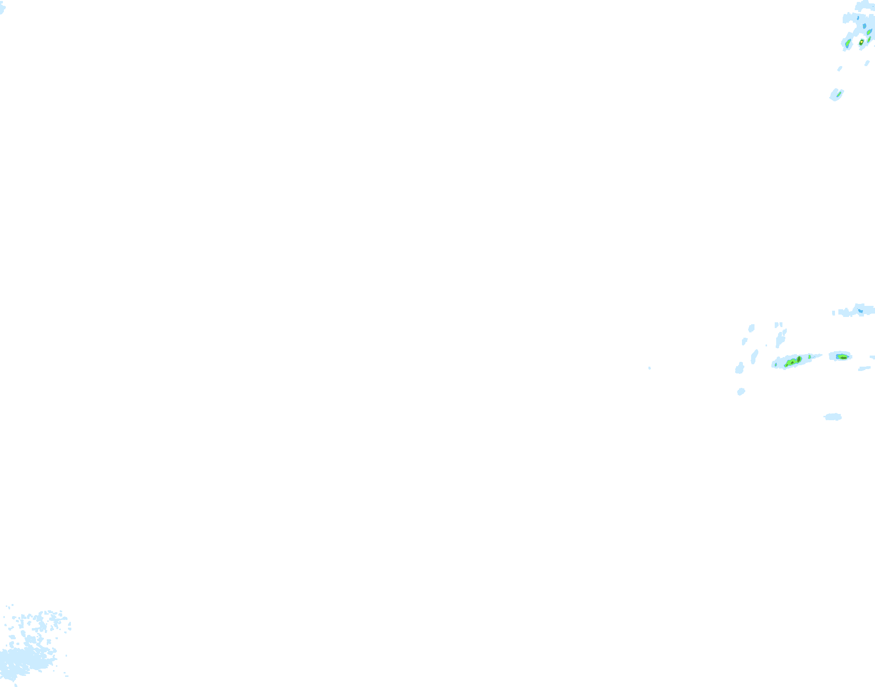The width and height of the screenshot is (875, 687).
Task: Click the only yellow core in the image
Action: (x=861, y=42)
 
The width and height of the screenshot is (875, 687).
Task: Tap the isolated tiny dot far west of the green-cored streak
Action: (x=649, y=368)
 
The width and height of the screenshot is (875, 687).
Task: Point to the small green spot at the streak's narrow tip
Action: (x=809, y=357)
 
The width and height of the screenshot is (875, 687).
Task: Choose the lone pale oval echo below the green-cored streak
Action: (x=833, y=417)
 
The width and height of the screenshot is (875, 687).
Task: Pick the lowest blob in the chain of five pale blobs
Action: (x=741, y=392)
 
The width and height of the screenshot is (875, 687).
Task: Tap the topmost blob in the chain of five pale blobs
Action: (x=751, y=329)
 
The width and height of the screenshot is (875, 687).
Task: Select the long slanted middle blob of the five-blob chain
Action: (x=754, y=357)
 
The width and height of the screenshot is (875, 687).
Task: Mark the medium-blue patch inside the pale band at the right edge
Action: (x=860, y=311)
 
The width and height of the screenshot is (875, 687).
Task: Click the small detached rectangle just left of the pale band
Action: (x=834, y=313)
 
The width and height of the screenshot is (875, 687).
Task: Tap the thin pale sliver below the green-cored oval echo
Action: (x=864, y=369)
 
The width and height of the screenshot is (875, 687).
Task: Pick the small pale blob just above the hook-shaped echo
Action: (x=840, y=69)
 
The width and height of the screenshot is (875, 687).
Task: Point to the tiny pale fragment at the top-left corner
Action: (x=2, y=9)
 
